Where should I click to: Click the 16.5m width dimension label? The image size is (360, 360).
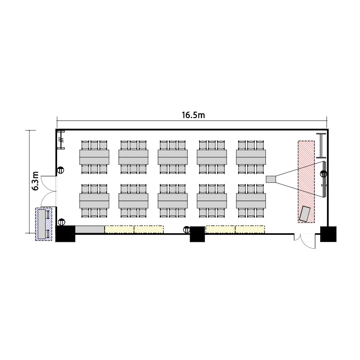(x=193, y=115)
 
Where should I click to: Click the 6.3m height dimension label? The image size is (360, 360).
(x=36, y=181)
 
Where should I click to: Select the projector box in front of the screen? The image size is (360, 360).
(x=271, y=179)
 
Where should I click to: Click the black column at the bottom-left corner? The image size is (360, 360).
(x=65, y=234)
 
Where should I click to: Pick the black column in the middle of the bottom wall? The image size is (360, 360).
(x=197, y=234)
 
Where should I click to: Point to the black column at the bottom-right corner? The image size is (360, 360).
(x=328, y=234)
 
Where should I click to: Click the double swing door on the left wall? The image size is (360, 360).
(x=48, y=191)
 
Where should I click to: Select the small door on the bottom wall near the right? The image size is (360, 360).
(x=305, y=241)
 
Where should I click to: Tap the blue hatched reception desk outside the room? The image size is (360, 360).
(x=44, y=224)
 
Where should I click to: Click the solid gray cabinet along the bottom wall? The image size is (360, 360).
(x=90, y=229)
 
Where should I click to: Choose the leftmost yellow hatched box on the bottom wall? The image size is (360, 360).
(x=120, y=229)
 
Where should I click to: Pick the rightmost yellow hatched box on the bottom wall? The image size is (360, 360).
(x=250, y=229)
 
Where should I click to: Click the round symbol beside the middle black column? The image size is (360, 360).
(x=186, y=229)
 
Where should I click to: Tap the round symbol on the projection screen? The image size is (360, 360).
(x=324, y=174)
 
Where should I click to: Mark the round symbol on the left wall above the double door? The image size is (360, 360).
(x=60, y=170)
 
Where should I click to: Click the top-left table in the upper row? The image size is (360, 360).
(x=95, y=157)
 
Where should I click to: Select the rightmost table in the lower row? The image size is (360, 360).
(x=251, y=201)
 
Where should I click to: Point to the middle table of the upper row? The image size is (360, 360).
(x=173, y=157)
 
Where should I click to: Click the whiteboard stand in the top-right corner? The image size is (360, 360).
(x=321, y=145)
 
